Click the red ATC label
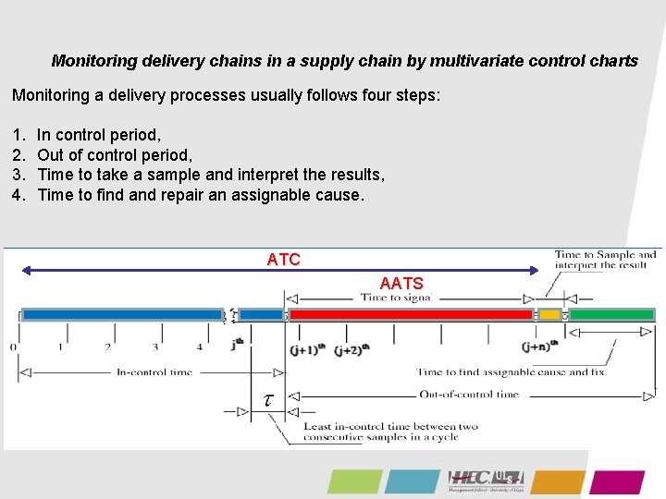(283, 260)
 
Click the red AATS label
(401, 284)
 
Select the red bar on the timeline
(411, 315)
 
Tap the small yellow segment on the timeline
(550, 315)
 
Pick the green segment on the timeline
(610, 315)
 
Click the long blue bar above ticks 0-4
(121, 315)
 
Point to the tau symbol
(268, 399)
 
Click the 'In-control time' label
(155, 372)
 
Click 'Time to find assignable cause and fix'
(510, 372)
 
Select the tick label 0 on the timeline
(13, 348)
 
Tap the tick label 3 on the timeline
(154, 348)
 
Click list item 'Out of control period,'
(115, 154)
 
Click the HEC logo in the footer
(486, 480)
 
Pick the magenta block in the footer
(617, 481)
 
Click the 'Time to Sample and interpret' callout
(605, 260)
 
